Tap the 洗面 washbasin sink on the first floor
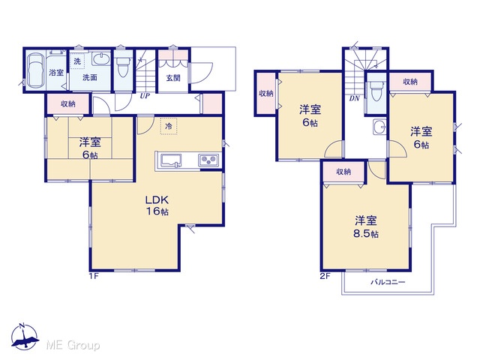pos(101,58)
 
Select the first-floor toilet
pos(123,68)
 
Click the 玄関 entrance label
pos(173,78)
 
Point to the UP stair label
pos(145,96)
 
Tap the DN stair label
pos(355,98)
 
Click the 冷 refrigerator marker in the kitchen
pos(169,126)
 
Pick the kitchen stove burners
pos(208,160)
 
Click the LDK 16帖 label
pos(157,205)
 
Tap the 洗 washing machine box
pos(76,61)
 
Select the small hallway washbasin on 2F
pos(379,127)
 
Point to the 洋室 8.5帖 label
pos(366,227)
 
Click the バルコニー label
pos(388,282)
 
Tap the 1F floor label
pos(94,276)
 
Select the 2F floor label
pos(325,276)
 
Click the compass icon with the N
pos(25,337)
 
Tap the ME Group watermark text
pos(73,346)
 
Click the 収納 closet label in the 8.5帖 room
pos(343,172)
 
